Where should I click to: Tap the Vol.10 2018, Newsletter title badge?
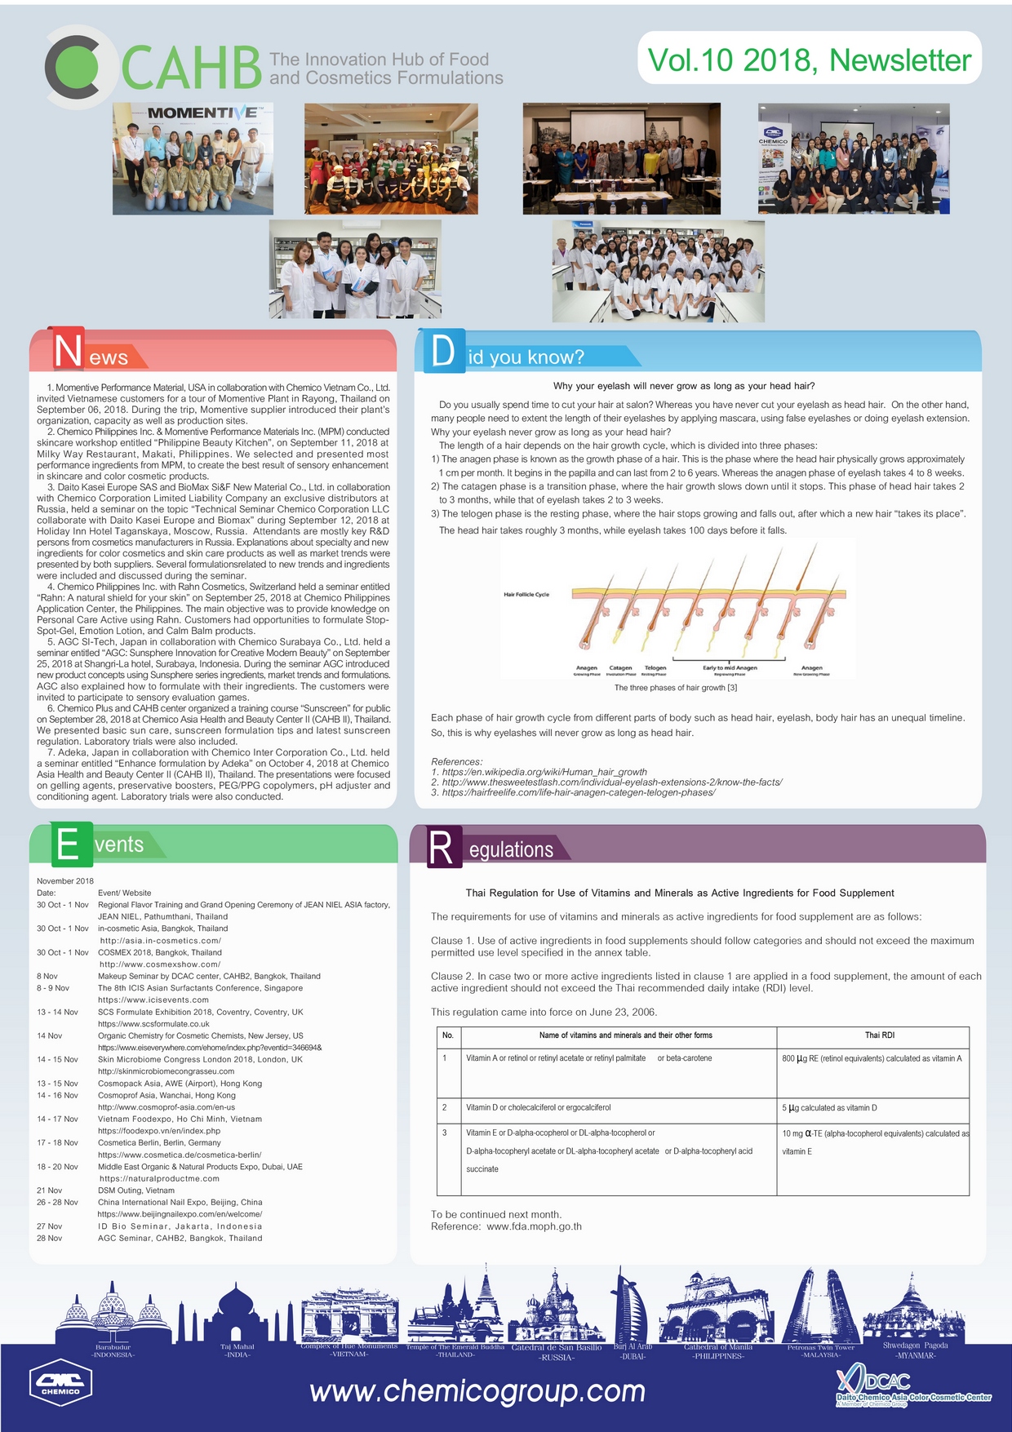(809, 60)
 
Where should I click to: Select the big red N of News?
(68, 351)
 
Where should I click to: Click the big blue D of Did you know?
(442, 351)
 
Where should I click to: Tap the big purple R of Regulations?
(441, 848)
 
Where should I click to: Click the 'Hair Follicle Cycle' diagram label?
(526, 594)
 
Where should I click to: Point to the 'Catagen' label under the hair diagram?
(620, 667)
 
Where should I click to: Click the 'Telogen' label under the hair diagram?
(655, 667)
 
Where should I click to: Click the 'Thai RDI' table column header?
(879, 1035)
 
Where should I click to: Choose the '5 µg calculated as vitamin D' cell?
(829, 1108)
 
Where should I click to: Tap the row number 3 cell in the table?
(445, 1133)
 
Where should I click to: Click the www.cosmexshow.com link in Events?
(148, 964)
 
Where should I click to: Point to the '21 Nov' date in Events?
(49, 1190)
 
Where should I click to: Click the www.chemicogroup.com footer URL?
(477, 1390)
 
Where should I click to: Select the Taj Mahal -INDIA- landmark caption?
(237, 1350)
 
